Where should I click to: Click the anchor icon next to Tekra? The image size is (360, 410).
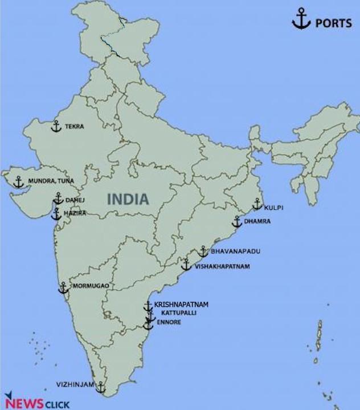pyautogui.click(x=56, y=126)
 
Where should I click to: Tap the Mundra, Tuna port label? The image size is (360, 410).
pyautogui.click(x=51, y=181)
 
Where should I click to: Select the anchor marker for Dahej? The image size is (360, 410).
pyautogui.click(x=58, y=198)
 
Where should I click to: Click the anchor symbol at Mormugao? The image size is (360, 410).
pyautogui.click(x=63, y=288)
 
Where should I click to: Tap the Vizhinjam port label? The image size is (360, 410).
pyautogui.click(x=75, y=384)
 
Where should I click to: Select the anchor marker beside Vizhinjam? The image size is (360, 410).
pyautogui.click(x=101, y=388)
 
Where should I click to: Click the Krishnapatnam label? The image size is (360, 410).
pyautogui.click(x=181, y=305)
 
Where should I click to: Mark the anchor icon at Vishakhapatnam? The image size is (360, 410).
pyautogui.click(x=186, y=265)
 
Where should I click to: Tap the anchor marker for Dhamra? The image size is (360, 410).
pyautogui.click(x=237, y=222)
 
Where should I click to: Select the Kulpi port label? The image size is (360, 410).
pyautogui.click(x=273, y=208)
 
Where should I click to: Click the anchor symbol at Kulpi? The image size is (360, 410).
pyautogui.click(x=257, y=204)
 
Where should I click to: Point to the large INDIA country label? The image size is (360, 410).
pyautogui.click(x=129, y=199)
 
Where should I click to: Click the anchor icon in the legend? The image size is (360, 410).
pyautogui.click(x=300, y=21)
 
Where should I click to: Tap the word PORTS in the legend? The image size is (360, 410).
pyautogui.click(x=333, y=23)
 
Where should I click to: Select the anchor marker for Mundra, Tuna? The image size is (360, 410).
pyautogui.click(x=19, y=182)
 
